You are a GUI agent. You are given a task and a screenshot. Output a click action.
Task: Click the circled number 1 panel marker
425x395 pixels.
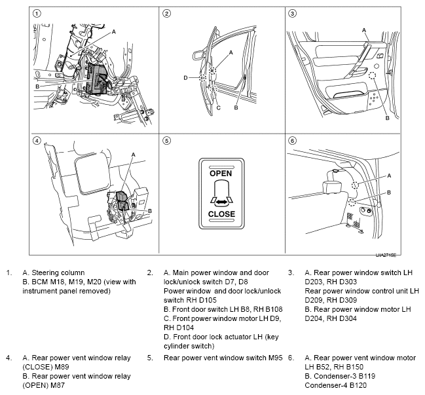pos(37,13)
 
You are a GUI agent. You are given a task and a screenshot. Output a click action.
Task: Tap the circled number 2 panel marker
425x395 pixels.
pos(167,13)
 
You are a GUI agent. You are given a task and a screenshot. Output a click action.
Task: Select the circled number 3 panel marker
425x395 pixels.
pos(292,13)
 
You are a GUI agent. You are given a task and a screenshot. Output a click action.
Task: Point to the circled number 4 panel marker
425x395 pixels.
pos(37,140)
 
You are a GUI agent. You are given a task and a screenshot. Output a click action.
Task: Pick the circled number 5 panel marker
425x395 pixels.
pos(167,140)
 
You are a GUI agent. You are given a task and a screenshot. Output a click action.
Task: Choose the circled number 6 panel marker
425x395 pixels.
pos(292,140)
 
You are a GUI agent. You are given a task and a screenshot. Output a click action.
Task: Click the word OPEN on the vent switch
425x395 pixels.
pos(221,174)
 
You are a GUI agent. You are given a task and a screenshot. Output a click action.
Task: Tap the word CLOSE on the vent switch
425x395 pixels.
pos(221,214)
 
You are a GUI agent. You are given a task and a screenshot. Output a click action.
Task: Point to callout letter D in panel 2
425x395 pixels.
pos(186,78)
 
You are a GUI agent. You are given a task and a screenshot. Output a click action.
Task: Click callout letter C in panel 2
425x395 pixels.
pos(218,107)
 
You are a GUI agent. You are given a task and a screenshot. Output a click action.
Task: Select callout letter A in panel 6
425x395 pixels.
pos(390,176)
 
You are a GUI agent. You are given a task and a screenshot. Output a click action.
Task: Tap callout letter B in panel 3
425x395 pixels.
pos(388,118)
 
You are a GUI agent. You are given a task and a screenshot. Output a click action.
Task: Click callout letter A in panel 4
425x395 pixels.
pos(134,155)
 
